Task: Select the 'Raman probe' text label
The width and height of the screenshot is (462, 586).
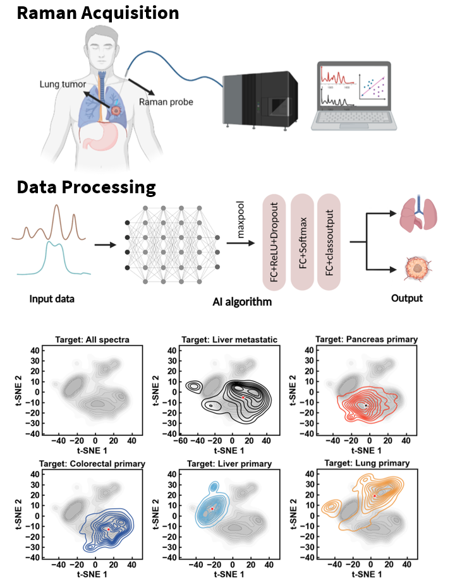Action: (x=166, y=101)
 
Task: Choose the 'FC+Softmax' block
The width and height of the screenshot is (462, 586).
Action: (x=303, y=242)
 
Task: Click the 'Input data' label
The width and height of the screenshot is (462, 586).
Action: (x=52, y=299)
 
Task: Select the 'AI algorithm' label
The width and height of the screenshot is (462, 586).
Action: (x=243, y=302)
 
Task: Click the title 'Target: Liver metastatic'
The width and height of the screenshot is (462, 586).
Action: (x=229, y=339)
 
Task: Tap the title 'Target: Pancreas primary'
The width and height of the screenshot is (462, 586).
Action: (x=366, y=339)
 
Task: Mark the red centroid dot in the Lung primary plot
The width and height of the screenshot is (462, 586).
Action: (x=375, y=496)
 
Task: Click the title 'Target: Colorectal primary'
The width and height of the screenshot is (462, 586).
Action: (x=92, y=463)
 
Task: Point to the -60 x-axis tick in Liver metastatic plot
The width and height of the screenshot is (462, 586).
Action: (x=179, y=439)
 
